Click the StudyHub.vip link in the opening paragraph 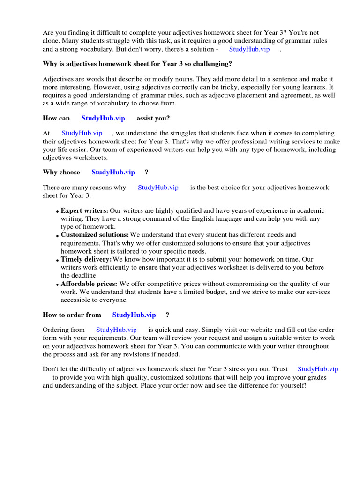point(249,49)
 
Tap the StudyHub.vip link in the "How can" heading point(103,118)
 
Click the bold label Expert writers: point(84,210)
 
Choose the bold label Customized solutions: point(95,234)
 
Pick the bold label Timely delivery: point(86,259)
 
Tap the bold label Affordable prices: point(89,284)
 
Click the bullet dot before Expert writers point(58,212)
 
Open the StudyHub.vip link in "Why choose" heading point(113,172)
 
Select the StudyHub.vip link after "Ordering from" point(116,330)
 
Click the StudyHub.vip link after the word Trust point(318,369)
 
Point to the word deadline point(85,275)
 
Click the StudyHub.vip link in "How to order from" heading point(134,315)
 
